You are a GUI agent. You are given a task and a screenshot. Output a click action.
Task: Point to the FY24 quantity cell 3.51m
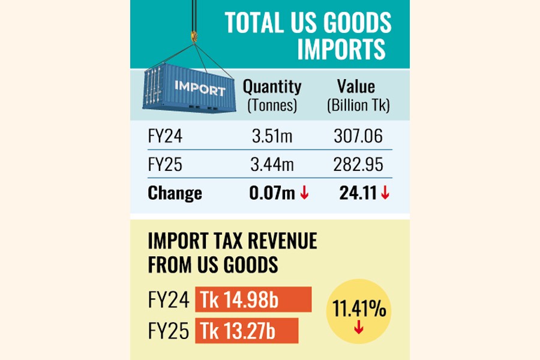(272, 137)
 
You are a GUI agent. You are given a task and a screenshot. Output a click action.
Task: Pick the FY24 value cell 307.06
(358, 137)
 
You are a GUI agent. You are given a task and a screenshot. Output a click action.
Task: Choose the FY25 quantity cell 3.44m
(272, 165)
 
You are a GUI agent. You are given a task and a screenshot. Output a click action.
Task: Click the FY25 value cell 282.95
(358, 165)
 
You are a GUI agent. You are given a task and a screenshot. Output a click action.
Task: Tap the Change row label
(175, 193)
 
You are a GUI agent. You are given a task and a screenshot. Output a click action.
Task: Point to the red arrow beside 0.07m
(304, 193)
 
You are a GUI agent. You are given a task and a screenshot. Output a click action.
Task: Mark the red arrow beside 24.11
(385, 193)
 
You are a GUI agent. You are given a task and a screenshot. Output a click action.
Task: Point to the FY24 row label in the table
(165, 137)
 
